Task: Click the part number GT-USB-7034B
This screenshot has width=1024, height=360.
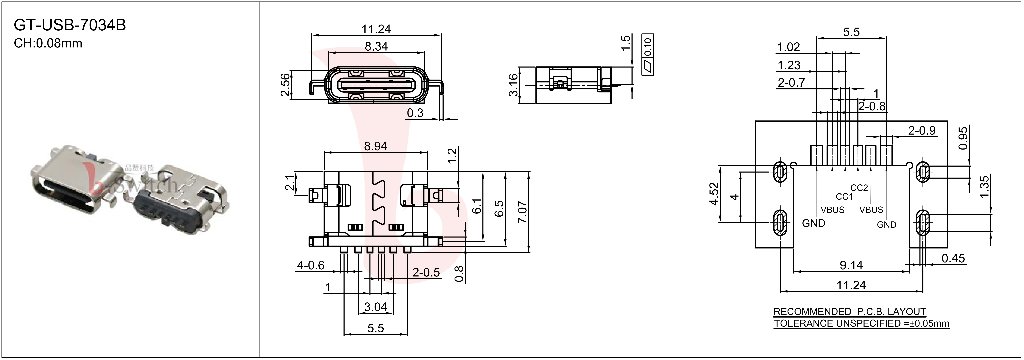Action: (70, 25)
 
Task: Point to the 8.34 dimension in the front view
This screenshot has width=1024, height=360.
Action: (376, 46)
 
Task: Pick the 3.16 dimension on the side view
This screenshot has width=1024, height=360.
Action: (513, 85)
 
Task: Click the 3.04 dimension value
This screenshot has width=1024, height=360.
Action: (376, 307)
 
